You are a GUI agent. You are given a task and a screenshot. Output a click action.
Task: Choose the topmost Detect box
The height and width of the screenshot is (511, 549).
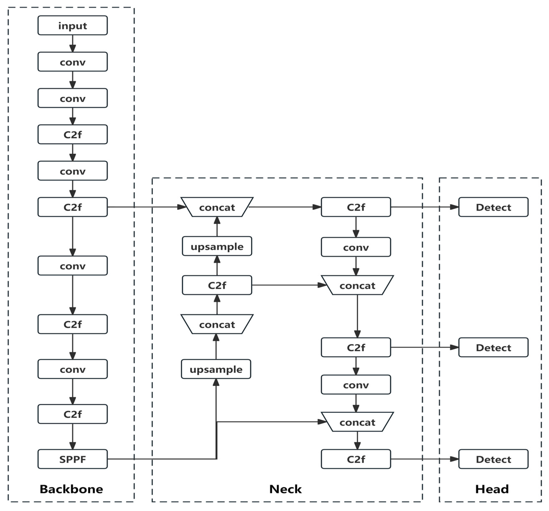(493, 207)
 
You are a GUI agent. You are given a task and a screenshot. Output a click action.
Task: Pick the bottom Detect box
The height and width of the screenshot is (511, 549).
(493, 459)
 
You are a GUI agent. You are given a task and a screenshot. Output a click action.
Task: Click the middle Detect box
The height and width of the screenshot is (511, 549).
(493, 347)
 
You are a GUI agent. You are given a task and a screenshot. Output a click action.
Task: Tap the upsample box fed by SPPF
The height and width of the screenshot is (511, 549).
(216, 369)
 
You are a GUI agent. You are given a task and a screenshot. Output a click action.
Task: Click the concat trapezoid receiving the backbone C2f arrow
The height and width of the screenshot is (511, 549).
(217, 207)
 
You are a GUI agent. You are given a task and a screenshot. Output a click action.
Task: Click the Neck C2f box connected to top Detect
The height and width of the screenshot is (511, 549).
(356, 207)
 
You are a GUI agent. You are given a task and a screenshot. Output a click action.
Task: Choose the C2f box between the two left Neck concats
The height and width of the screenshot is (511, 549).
(217, 285)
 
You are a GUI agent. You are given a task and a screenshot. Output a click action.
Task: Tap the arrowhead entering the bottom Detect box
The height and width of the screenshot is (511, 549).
(454, 459)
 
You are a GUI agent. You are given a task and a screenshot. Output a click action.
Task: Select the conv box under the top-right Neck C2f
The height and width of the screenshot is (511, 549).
(356, 247)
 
